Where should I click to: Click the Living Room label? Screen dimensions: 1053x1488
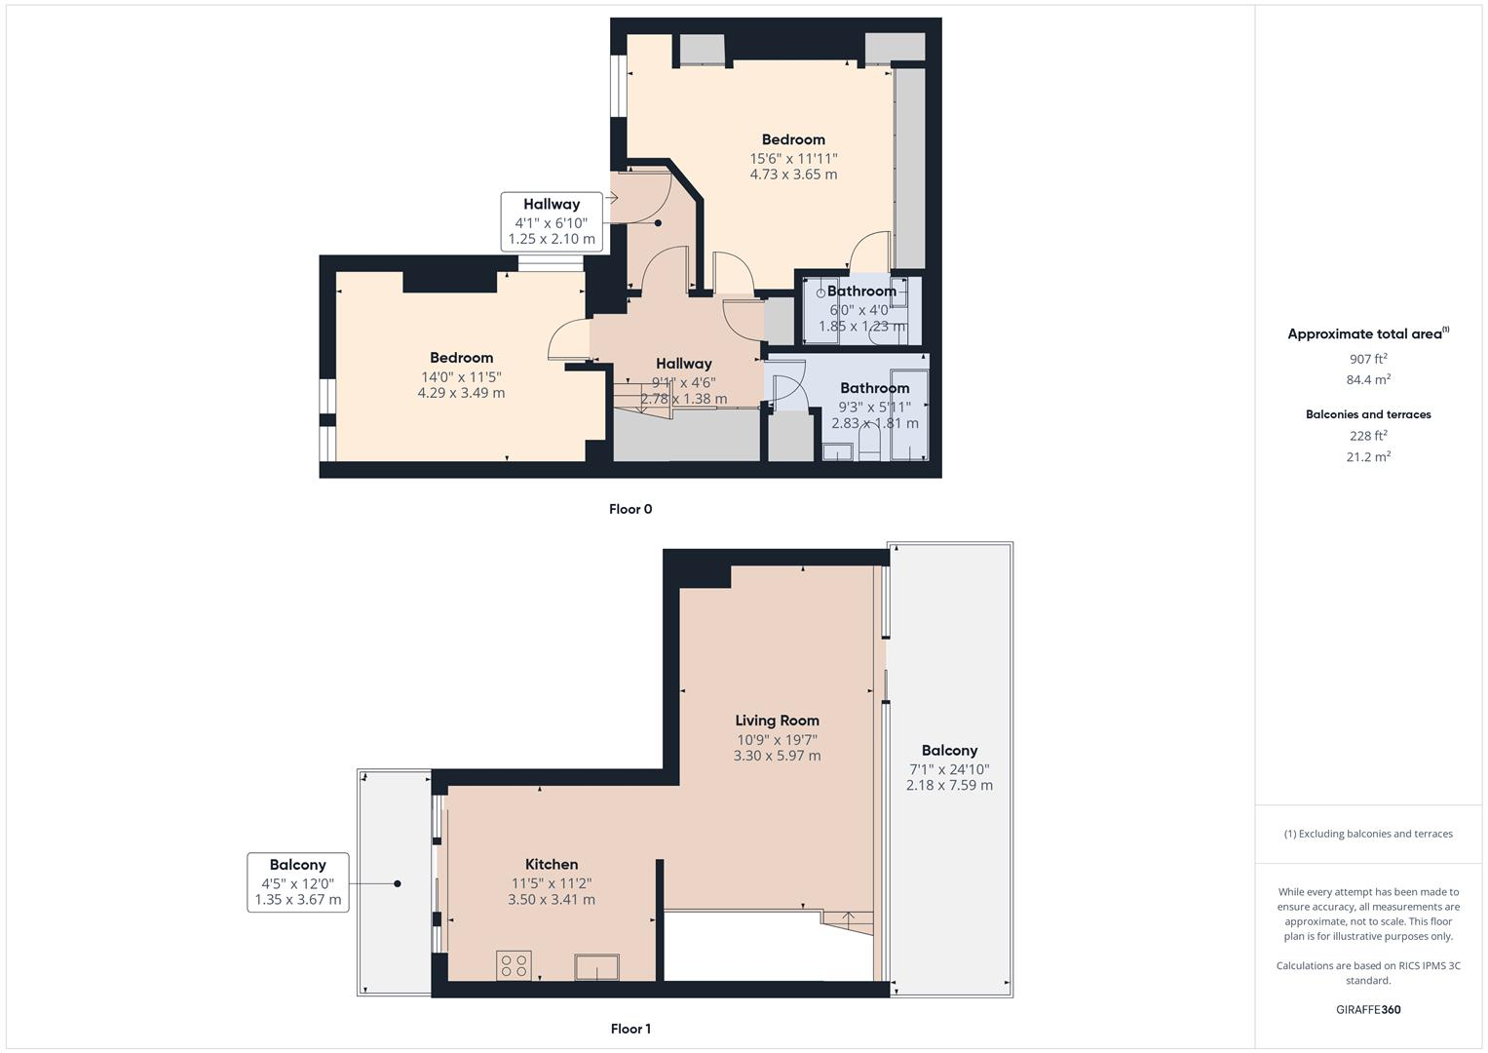click(777, 721)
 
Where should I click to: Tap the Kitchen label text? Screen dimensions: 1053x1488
click(552, 864)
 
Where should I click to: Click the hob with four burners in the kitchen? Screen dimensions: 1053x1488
click(514, 965)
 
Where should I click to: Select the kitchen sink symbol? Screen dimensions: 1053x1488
click(596, 967)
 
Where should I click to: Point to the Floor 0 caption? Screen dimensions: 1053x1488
click(630, 509)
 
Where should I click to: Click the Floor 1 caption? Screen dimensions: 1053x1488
click(630, 1029)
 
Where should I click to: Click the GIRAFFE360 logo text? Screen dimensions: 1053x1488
click(1367, 1009)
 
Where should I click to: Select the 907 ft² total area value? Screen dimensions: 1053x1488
click(1367, 359)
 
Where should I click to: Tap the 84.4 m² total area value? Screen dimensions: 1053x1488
click(1367, 380)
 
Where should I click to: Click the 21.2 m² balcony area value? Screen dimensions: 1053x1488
click(1367, 456)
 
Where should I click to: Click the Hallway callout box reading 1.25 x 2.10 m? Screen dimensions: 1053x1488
click(551, 222)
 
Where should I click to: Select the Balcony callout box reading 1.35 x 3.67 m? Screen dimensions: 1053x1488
click(297, 882)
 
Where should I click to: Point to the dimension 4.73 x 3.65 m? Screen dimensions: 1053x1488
click(793, 175)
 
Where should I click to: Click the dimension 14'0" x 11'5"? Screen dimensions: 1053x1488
click(461, 376)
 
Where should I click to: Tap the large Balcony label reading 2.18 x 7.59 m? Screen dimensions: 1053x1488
click(949, 767)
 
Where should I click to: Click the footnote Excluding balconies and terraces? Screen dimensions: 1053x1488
click(1367, 834)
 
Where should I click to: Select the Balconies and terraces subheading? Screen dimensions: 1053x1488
click(1367, 414)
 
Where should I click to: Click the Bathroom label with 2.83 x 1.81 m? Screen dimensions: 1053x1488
click(874, 406)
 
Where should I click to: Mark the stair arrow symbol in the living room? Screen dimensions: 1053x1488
click(848, 917)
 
